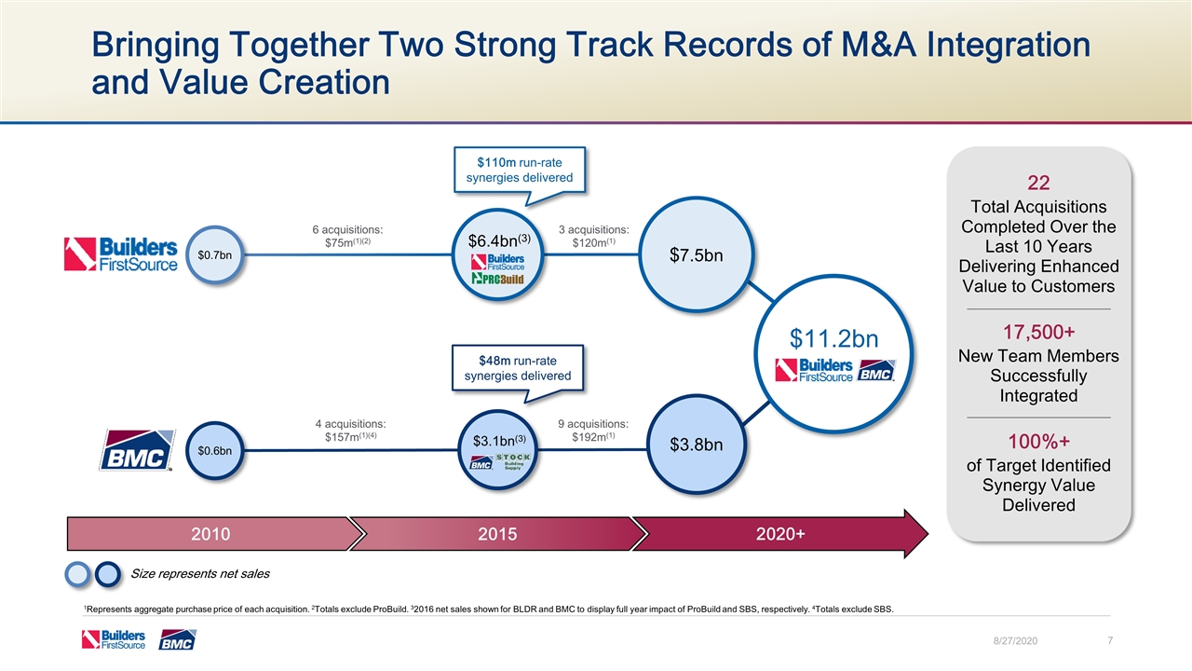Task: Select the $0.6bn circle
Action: (215, 451)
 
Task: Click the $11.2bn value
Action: (833, 335)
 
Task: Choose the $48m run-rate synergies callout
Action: (518, 368)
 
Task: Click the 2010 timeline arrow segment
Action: (210, 533)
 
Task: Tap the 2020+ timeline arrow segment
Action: (780, 533)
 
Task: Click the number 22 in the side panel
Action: (1038, 183)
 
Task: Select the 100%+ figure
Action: (1038, 441)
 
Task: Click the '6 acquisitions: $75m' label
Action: (348, 237)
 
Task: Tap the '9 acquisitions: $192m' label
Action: (593, 431)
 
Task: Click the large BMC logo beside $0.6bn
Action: (138, 450)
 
